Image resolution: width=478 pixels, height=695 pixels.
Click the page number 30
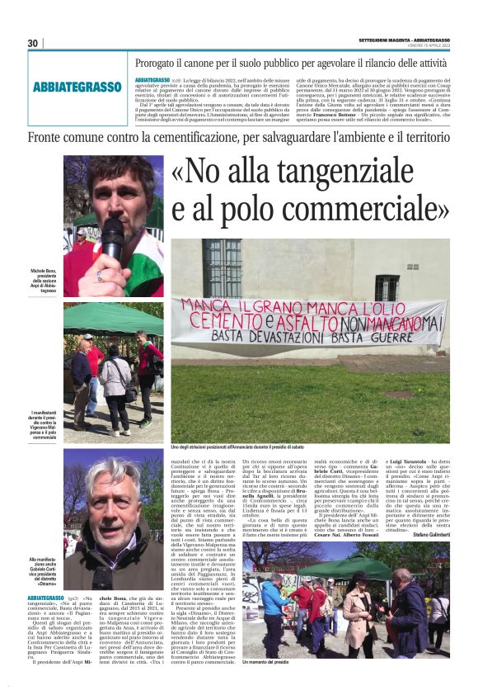pyautogui.click(x=32, y=44)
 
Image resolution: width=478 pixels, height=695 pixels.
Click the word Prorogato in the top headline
pyautogui.click(x=167, y=62)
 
